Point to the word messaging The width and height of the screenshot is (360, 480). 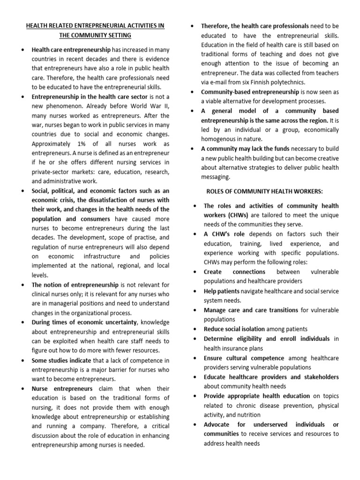216,177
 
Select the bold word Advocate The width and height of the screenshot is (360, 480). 217,424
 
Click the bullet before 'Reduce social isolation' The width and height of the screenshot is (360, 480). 194,329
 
